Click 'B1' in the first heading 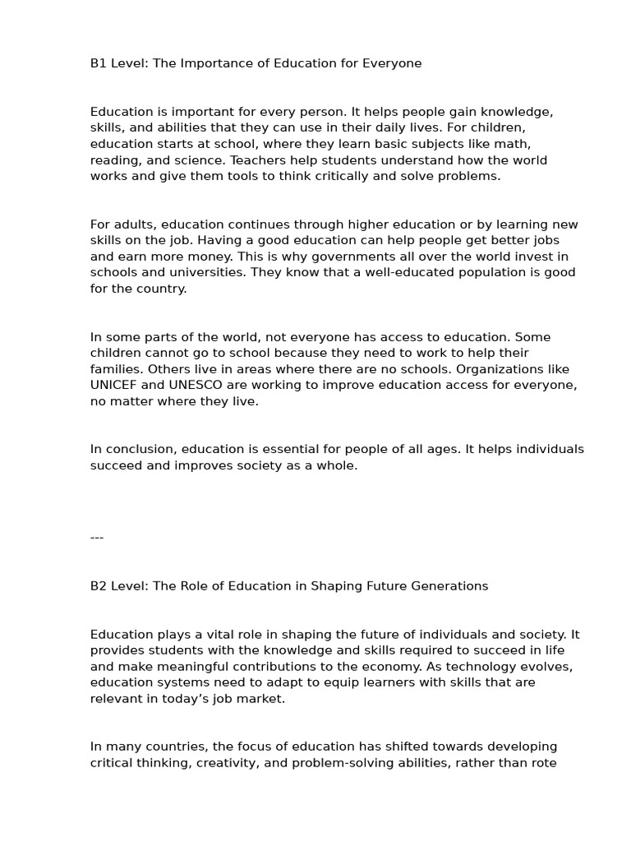[98, 63]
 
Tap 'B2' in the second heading [98, 586]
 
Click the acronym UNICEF [112, 385]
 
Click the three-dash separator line [97, 538]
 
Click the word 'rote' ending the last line [543, 762]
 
